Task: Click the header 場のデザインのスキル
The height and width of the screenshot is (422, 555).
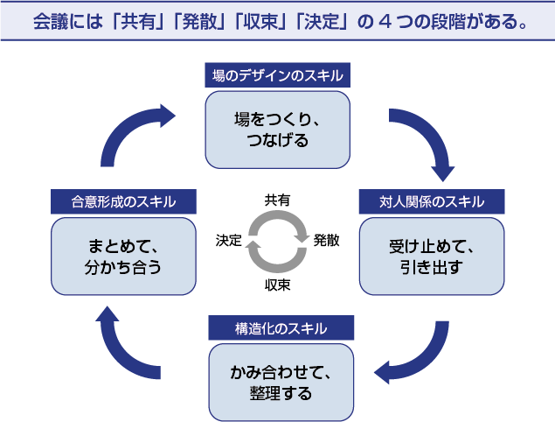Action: tap(277, 76)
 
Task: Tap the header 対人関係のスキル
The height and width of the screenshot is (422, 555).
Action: tap(432, 202)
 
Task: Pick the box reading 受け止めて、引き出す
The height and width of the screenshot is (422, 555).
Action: tap(432, 255)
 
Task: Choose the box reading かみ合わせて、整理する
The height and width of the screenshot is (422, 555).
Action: tap(281, 381)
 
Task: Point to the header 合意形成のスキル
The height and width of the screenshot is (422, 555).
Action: tap(123, 202)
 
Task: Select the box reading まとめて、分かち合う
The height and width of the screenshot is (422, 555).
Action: tap(123, 255)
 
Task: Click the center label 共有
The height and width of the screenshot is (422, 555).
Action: tap(278, 200)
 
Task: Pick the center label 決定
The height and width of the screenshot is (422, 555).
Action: tap(229, 241)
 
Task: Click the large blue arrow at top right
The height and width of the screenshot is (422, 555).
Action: tap(424, 140)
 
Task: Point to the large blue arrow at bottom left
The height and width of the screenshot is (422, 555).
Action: tap(127, 346)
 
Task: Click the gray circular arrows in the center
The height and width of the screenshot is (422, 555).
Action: tap(278, 241)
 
